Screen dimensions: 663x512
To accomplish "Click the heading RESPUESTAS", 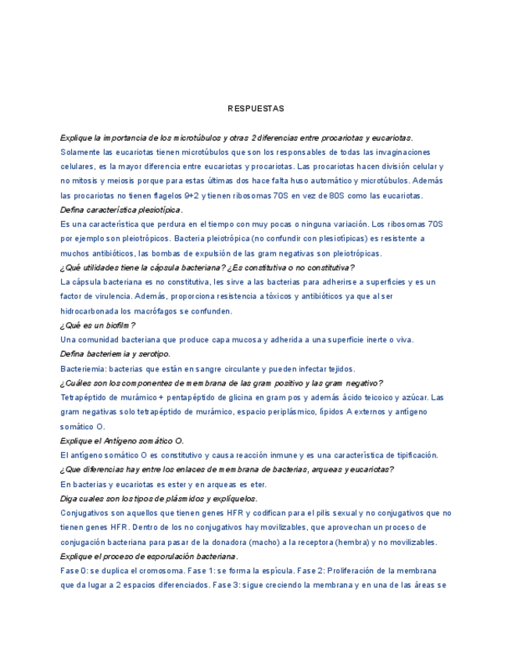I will [256, 108].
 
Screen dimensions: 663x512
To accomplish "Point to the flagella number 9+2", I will [192, 195].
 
